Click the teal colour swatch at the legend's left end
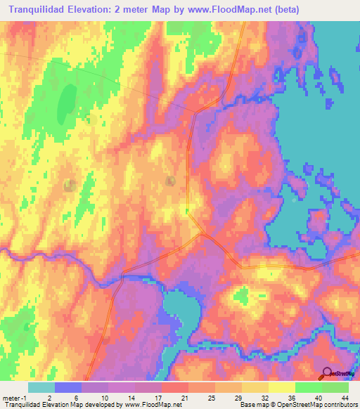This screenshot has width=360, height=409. (41, 387)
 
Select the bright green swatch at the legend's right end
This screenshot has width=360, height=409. (335, 387)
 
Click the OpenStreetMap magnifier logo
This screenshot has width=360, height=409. (328, 373)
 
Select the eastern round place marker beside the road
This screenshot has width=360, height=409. (171, 181)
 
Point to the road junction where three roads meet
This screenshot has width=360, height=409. (201, 233)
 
